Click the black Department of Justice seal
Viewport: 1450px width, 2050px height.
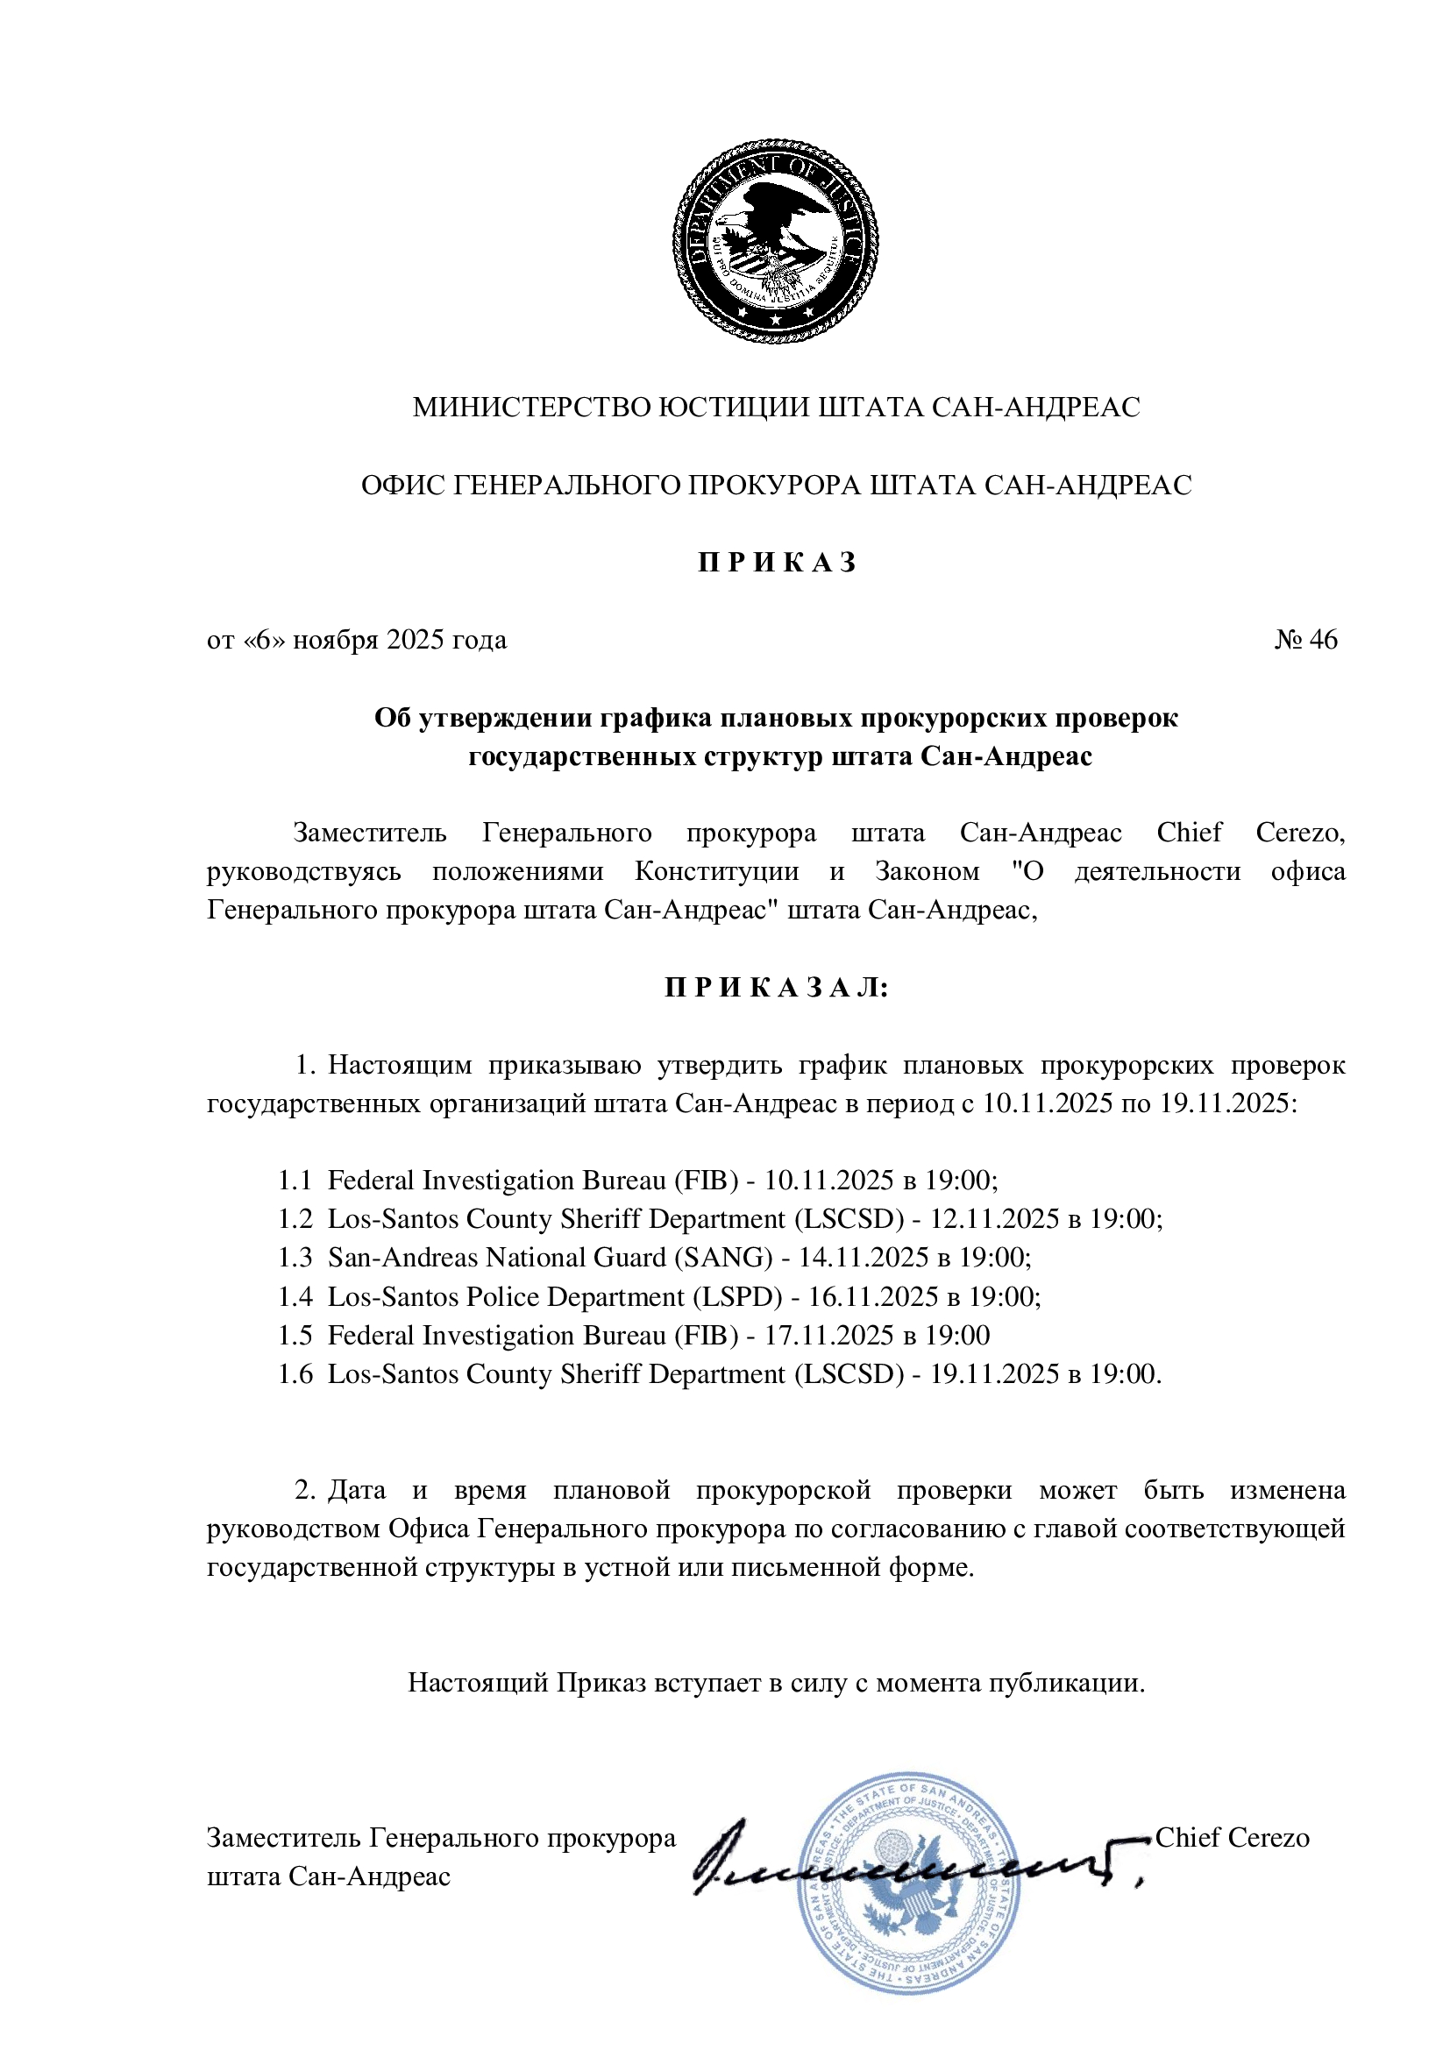point(774,242)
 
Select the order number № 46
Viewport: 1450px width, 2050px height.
point(1305,639)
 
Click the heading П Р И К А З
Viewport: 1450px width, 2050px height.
point(776,563)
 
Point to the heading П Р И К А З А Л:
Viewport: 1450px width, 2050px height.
point(776,988)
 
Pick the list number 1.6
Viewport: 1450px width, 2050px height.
point(295,1374)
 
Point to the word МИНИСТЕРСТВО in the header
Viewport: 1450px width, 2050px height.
point(532,408)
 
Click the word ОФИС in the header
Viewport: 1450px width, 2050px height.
point(402,485)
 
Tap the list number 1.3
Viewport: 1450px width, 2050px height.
point(295,1257)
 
